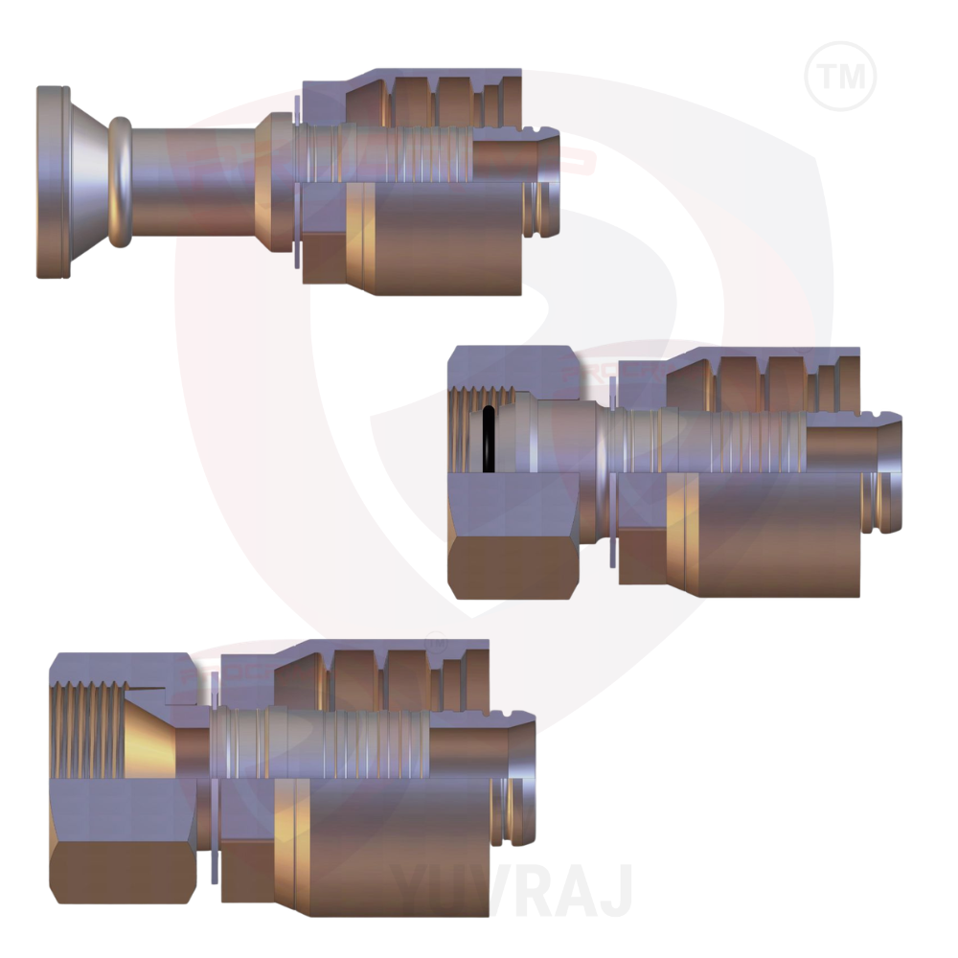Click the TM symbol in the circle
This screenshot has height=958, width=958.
(x=840, y=75)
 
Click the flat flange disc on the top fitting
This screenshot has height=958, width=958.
(x=52, y=182)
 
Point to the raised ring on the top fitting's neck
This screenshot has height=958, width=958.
(x=120, y=182)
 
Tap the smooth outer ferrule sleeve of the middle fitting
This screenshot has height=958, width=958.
(x=776, y=536)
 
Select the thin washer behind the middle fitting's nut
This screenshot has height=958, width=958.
(x=611, y=469)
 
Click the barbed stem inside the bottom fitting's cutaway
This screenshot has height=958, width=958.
(x=316, y=738)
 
